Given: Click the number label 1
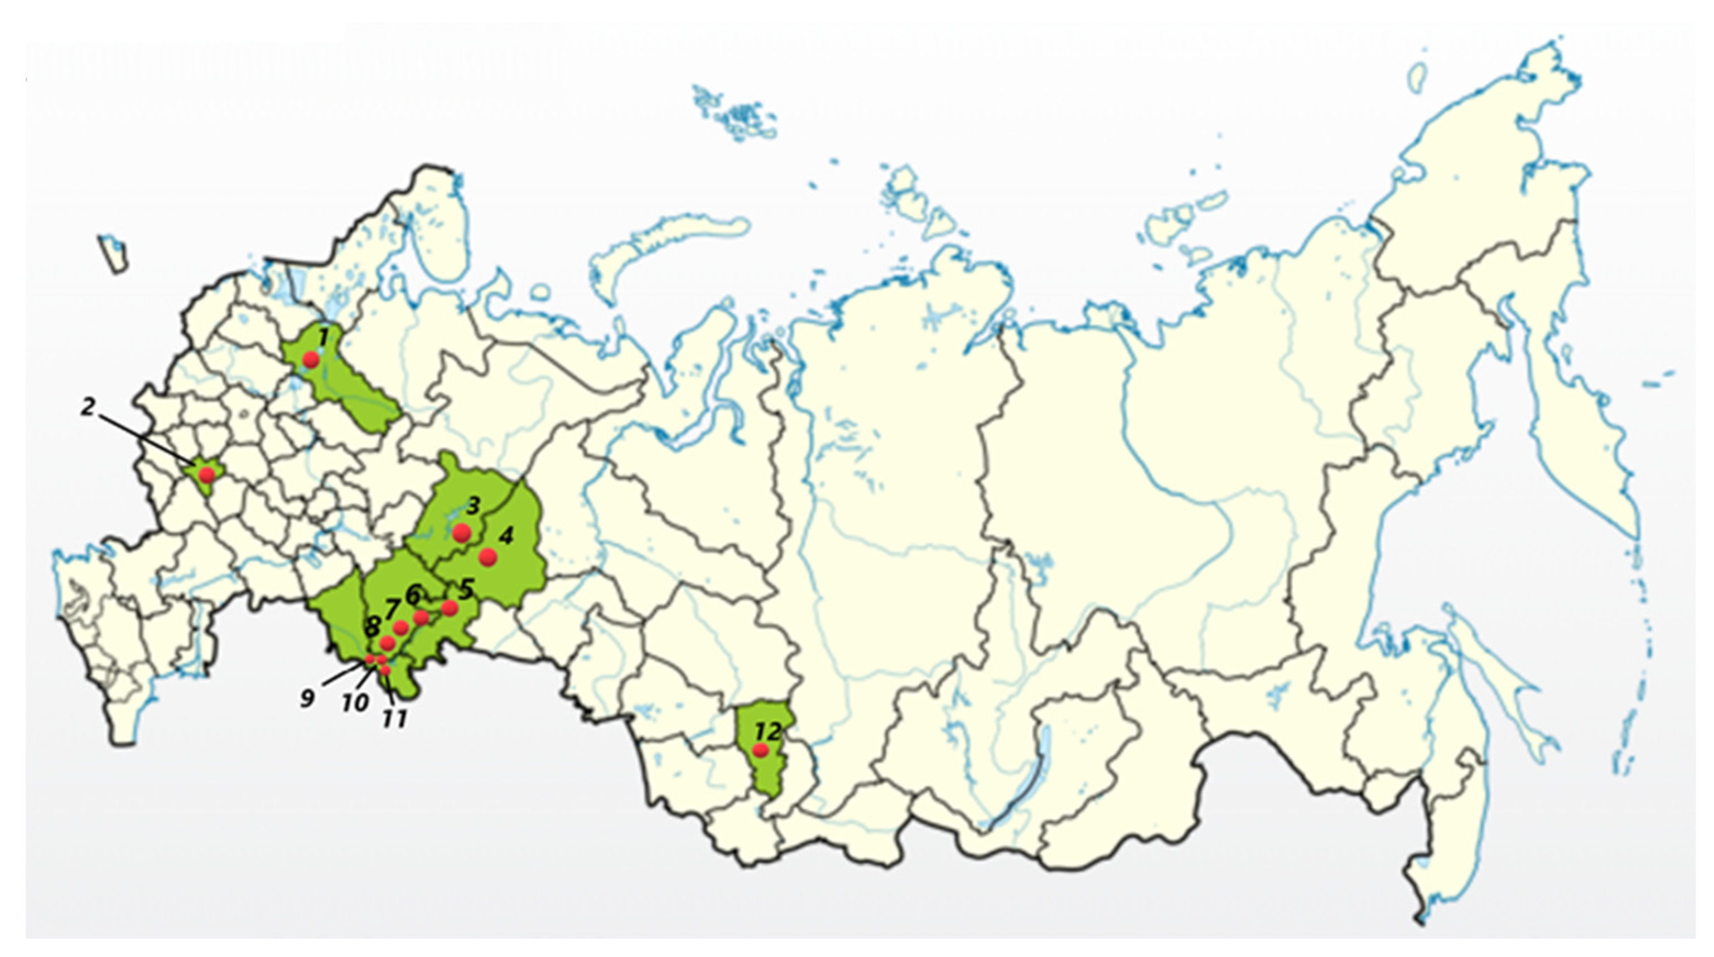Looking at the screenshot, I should click(x=323, y=337).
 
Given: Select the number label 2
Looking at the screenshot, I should click(x=87, y=407).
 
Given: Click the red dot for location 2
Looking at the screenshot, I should click(x=207, y=475).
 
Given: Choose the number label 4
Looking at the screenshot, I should click(x=506, y=536).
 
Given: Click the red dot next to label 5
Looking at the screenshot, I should click(x=450, y=607).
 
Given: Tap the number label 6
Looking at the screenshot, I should click(x=413, y=592).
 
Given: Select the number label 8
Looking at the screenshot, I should click(x=372, y=625).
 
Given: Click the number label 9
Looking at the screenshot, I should click(x=307, y=698).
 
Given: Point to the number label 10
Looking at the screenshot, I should click(x=355, y=702).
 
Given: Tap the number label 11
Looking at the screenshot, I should click(x=394, y=720).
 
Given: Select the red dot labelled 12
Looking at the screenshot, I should click(x=759, y=750).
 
